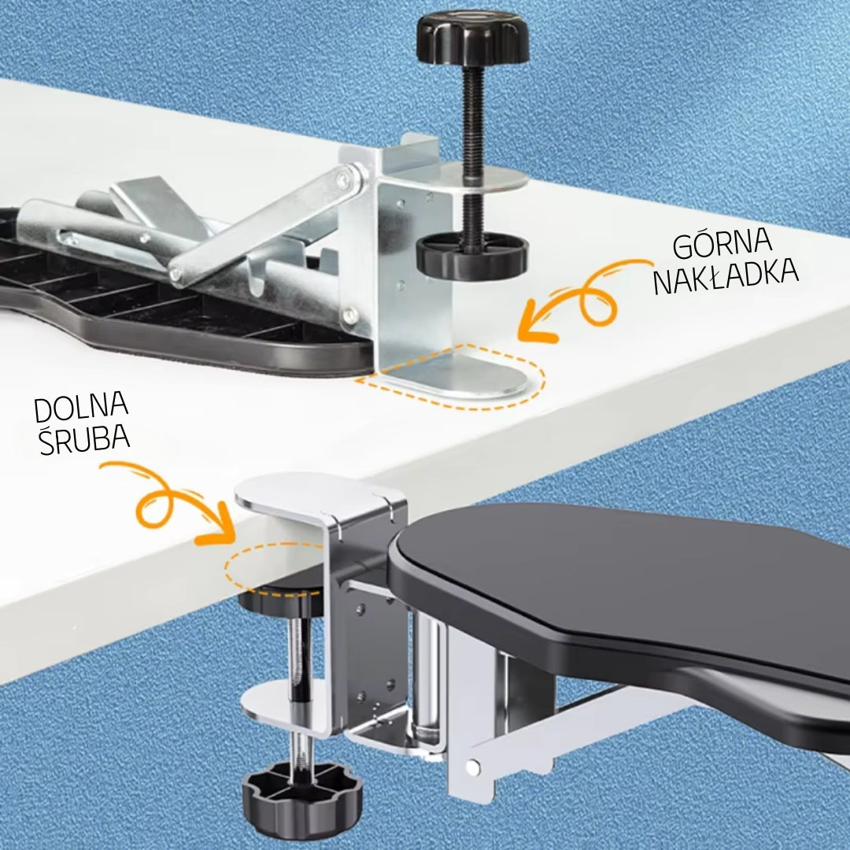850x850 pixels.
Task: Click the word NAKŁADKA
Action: tap(726, 277)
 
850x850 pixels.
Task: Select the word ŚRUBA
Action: tap(84, 438)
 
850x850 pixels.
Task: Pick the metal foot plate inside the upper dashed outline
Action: tap(460, 374)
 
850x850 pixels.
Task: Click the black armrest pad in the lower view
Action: tap(623, 586)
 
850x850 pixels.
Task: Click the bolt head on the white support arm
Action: tap(473, 767)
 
